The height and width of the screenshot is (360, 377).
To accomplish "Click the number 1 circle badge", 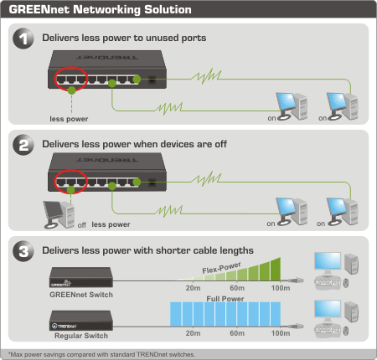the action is [x=23, y=39].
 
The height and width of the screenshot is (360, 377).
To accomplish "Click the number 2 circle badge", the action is [x=23, y=145].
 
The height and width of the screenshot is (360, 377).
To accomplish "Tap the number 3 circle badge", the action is [x=23, y=251].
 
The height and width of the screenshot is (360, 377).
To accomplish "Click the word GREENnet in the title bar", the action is [x=39, y=9].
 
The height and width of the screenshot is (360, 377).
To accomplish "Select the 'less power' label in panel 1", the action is [x=69, y=119].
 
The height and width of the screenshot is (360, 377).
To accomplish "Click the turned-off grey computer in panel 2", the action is [x=59, y=214].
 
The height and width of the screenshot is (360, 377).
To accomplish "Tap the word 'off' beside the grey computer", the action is [x=82, y=225].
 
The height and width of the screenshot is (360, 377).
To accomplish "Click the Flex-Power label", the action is [x=221, y=268].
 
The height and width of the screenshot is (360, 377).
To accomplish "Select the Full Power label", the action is [x=225, y=299].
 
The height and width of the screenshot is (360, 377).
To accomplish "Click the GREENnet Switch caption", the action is [x=81, y=295].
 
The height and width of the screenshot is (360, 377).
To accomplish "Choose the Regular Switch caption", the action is [x=81, y=336].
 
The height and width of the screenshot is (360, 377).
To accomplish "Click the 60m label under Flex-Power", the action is [x=237, y=288].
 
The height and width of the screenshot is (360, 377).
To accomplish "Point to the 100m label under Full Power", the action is [x=281, y=333].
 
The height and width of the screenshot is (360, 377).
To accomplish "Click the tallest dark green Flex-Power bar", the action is [x=276, y=270].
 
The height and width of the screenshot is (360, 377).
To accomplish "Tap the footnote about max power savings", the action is [x=101, y=354].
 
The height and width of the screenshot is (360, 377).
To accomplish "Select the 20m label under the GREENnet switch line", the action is [x=193, y=288].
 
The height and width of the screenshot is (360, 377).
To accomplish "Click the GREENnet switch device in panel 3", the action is [x=81, y=277].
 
